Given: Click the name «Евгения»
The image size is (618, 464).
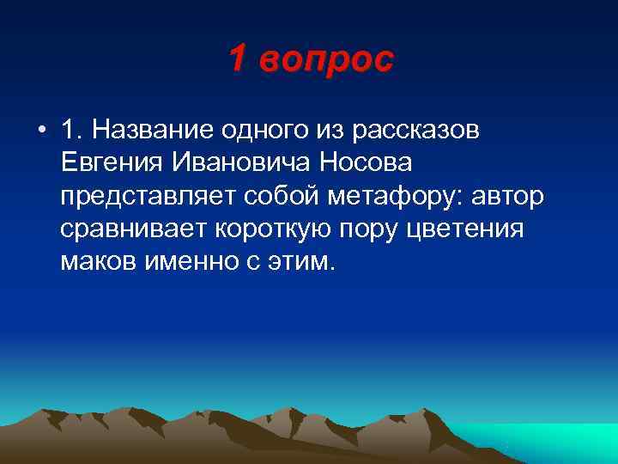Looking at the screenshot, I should point(116,162).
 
